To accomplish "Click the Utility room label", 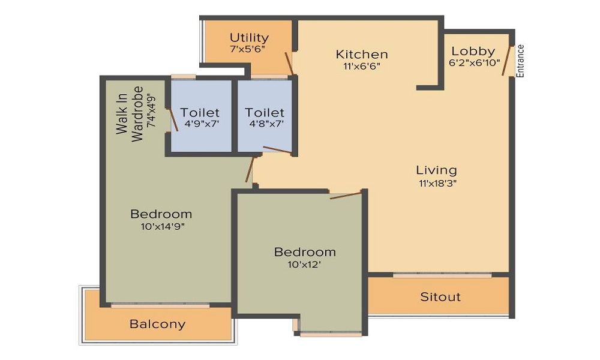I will pyautogui.click(x=249, y=38).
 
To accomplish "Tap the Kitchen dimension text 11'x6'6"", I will pyautogui.click(x=362, y=67).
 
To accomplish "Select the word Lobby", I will pyautogui.click(x=473, y=51).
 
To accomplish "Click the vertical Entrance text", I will pyautogui.click(x=521, y=61).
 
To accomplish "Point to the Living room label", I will pyautogui.click(x=438, y=170).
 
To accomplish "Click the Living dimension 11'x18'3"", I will pyautogui.click(x=438, y=183).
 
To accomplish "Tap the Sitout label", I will pyautogui.click(x=440, y=296).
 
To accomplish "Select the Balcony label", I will pyautogui.click(x=158, y=324).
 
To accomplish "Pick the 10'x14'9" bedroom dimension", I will pyautogui.click(x=161, y=226).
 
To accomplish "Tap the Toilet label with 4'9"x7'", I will pyautogui.click(x=200, y=112).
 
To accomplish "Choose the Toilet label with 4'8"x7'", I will pyautogui.click(x=265, y=112).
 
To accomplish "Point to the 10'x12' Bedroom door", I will pyautogui.click(x=346, y=194).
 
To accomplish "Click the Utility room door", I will pyautogui.click(x=289, y=63).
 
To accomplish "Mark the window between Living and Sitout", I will pyautogui.click(x=442, y=275).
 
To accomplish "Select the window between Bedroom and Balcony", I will pyautogui.click(x=160, y=305).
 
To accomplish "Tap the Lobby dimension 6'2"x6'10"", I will pyautogui.click(x=474, y=63).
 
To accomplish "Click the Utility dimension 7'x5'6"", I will pyautogui.click(x=248, y=49).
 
